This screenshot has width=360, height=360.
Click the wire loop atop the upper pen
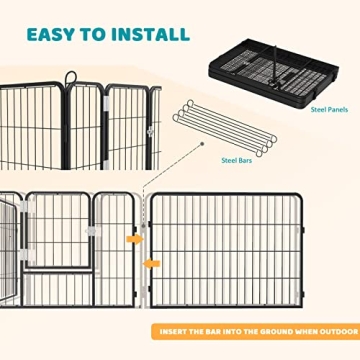(x=68, y=76)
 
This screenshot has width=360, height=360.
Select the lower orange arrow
(x=151, y=263)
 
